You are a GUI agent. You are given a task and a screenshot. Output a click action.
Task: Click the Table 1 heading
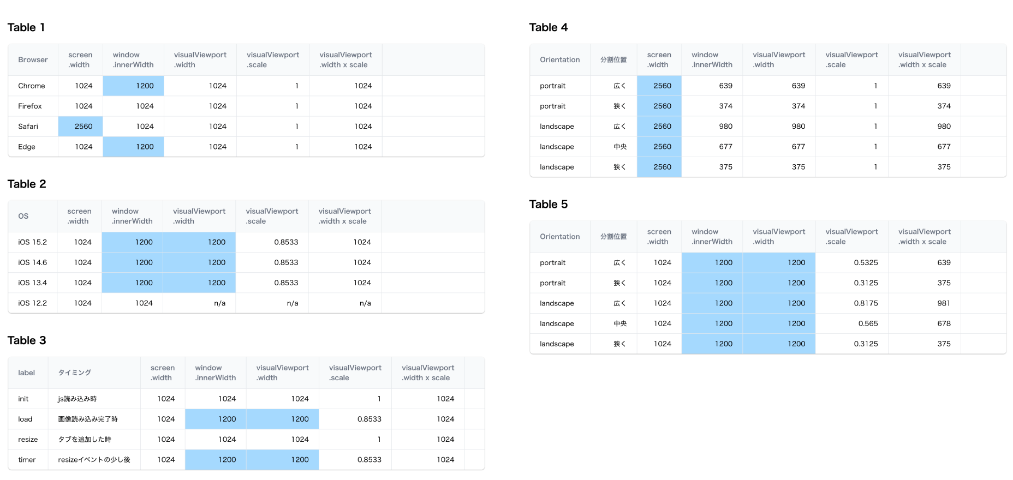[26, 27]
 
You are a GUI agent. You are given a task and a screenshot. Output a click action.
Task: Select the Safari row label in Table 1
[28, 127]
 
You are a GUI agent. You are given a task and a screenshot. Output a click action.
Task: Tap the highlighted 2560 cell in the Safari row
[83, 127]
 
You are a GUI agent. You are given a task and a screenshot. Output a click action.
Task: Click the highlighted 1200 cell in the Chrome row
[145, 86]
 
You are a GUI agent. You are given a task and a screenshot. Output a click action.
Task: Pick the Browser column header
[33, 60]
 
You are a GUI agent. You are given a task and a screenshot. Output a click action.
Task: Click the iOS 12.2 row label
[32, 303]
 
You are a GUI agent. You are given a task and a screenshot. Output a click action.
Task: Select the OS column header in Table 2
[23, 216]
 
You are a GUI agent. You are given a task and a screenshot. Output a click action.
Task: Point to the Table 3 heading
[27, 340]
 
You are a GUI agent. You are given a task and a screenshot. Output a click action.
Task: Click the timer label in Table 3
[27, 460]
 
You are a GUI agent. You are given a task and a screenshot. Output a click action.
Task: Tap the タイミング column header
[75, 373]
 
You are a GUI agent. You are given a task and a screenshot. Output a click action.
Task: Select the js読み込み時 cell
[78, 399]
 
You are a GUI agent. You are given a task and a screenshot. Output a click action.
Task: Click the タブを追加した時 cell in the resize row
[85, 440]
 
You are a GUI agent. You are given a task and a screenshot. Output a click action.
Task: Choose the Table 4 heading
[549, 27]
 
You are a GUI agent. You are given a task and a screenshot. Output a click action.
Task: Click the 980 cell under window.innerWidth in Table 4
[725, 127]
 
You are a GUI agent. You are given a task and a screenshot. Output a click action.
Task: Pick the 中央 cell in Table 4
[619, 147]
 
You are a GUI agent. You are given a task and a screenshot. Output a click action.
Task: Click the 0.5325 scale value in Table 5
[866, 263]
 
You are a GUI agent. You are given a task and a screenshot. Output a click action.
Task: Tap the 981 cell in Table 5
[944, 303]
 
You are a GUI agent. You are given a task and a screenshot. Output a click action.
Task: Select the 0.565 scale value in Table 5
[868, 323]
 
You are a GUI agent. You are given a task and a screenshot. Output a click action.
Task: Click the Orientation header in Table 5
[559, 237]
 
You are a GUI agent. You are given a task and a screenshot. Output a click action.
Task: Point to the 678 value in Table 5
[944, 323]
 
